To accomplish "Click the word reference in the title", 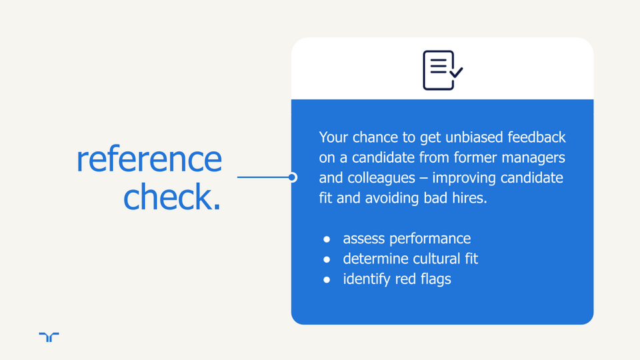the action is click(149, 159).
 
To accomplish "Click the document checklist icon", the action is click(443, 70).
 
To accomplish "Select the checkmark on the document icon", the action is click(456, 72).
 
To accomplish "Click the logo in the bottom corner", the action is click(49, 337).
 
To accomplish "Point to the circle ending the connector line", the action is click(292, 177).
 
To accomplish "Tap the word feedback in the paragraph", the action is click(537, 137).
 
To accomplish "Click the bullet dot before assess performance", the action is click(327, 239).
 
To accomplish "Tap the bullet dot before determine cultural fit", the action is click(327, 259).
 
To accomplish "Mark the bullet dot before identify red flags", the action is click(327, 279).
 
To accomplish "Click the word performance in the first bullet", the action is click(430, 239).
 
